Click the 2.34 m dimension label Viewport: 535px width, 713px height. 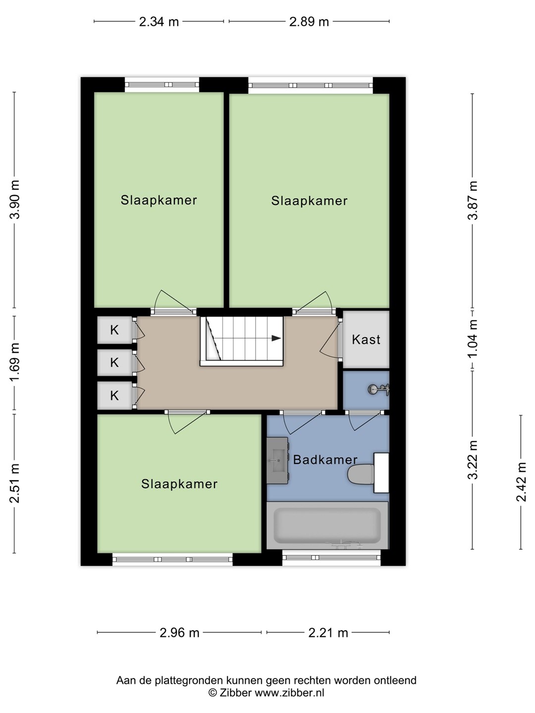tap(159, 22)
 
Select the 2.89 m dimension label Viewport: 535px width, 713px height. tap(309, 22)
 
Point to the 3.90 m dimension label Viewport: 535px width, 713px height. tap(15, 200)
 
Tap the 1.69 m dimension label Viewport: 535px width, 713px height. tap(15, 362)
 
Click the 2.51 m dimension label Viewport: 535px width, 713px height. tap(15, 483)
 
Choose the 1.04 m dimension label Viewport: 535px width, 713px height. tap(473, 338)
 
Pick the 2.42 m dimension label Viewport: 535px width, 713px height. tap(521, 482)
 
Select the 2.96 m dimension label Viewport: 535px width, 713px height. tap(179, 632)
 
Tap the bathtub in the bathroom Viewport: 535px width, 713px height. tap(327, 525)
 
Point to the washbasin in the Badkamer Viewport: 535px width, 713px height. tap(277, 460)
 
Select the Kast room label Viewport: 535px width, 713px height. tap(366, 340)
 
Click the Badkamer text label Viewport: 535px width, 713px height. tap(325, 459)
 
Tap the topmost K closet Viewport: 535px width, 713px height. tap(114, 330)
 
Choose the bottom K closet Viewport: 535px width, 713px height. tap(114, 395)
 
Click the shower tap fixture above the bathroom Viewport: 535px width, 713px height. tap(379, 389)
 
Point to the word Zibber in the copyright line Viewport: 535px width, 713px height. tap(235, 693)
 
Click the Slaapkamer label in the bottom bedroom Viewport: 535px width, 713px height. tap(179, 484)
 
